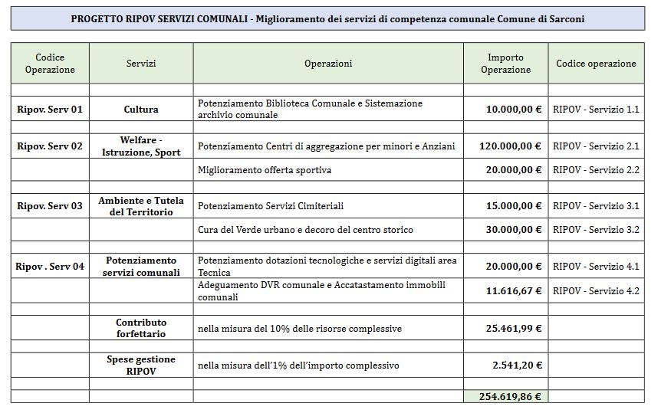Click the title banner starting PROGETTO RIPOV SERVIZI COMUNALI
[327, 19]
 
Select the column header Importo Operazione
[505, 64]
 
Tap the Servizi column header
[141, 64]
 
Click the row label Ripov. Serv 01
[50, 110]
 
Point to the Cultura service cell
[141, 110]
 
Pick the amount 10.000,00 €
[514, 110]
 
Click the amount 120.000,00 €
[511, 146]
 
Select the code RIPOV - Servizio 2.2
[596, 170]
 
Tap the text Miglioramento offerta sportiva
[265, 170]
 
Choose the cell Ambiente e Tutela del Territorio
[141, 206]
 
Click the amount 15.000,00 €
[514, 206]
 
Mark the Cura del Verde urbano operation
[305, 230]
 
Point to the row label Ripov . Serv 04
[50, 267]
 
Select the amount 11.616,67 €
[514, 291]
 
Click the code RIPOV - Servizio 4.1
[596, 267]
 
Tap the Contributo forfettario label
[141, 328]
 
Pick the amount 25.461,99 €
[514, 329]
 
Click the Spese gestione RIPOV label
[141, 365]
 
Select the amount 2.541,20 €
[517, 365]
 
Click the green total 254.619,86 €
[505, 397]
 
